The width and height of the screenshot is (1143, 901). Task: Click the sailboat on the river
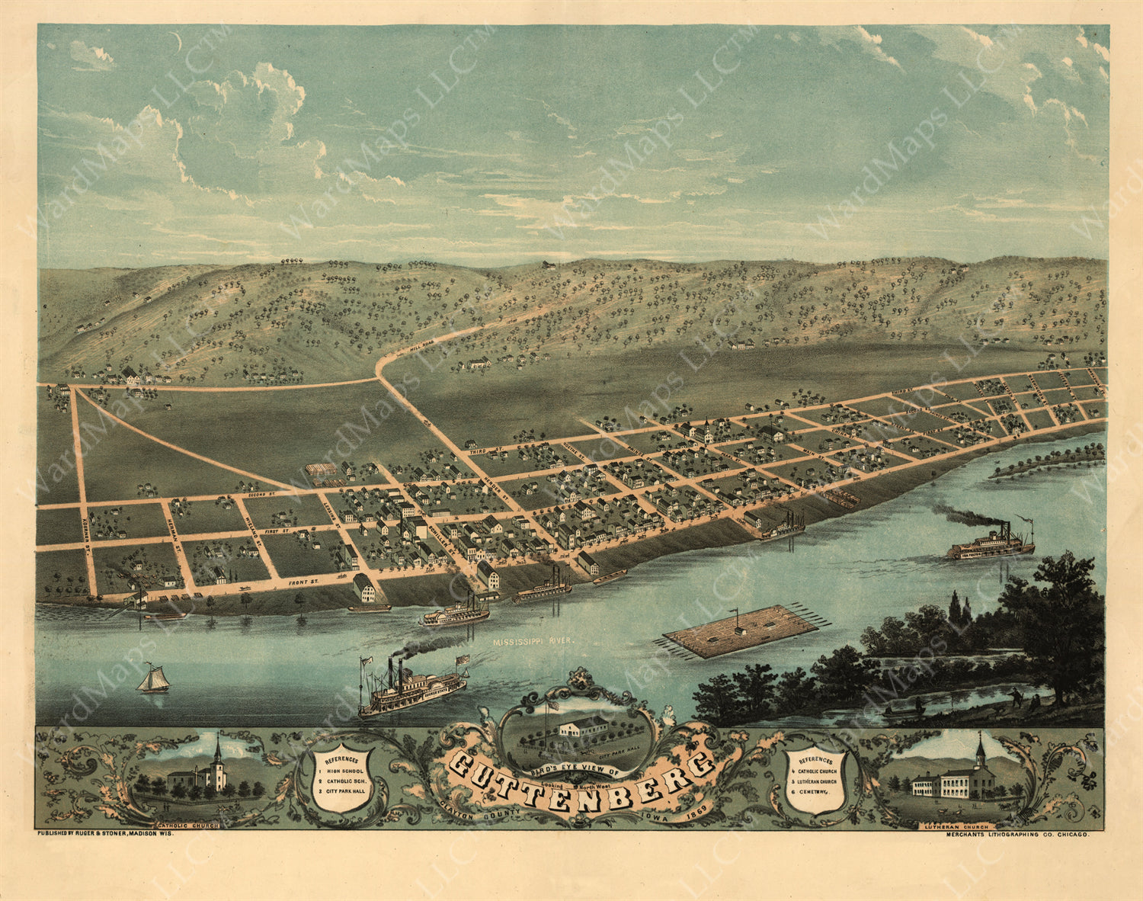coord(154,679)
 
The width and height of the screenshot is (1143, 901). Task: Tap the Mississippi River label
coord(530,643)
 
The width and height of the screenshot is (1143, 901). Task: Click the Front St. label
coord(302,582)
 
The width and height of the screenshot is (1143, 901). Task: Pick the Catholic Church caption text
coord(187,825)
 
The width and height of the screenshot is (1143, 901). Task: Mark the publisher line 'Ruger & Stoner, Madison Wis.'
coord(106,835)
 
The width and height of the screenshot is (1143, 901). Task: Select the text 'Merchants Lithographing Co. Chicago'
coord(1017,835)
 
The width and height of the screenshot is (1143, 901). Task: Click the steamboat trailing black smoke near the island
coord(991,543)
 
